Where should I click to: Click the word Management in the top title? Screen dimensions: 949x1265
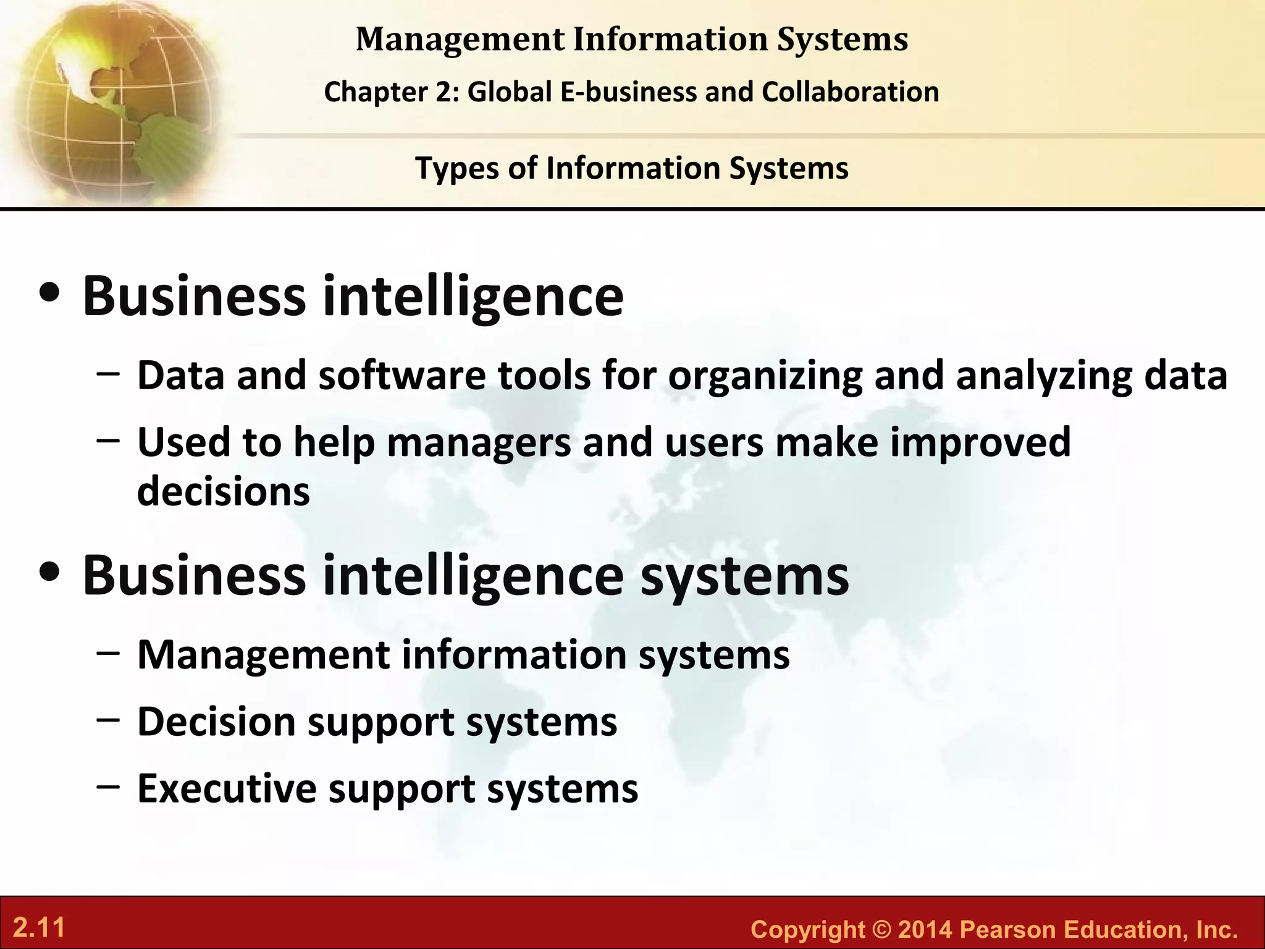coord(460,40)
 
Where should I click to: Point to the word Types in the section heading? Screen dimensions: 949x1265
coord(456,168)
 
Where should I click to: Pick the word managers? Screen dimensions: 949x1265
coord(479,442)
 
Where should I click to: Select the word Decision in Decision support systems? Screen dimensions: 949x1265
coord(216,721)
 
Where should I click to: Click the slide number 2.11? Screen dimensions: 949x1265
coord(39,928)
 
